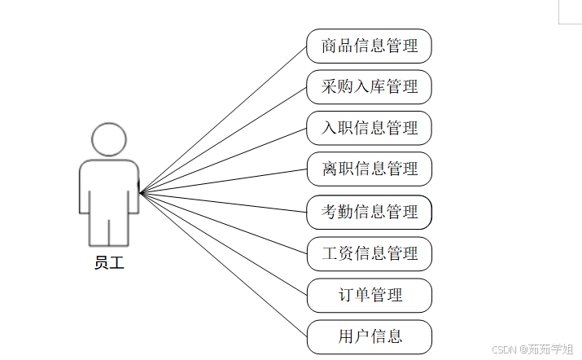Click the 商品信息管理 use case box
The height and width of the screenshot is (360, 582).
pos(369,46)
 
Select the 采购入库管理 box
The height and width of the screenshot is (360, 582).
pos(369,86)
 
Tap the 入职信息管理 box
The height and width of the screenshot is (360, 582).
pos(369,128)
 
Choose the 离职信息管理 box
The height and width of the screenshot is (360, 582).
pos(369,169)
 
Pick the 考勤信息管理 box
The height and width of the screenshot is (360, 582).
pos(369,212)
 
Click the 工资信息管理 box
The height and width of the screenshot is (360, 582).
pos(369,253)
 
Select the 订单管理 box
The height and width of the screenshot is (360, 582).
pos(369,295)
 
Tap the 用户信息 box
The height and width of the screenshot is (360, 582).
pos(369,336)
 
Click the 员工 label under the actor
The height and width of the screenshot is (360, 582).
pos(109,262)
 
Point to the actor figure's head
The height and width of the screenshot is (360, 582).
pos(109,139)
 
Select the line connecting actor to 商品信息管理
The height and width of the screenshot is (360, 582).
pos(223,119)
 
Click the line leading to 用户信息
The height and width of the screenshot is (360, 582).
pos(223,264)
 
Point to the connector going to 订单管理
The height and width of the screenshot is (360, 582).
pos(223,244)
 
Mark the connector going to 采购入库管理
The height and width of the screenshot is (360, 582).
pos(223,139)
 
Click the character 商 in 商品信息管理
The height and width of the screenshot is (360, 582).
pos(330,46)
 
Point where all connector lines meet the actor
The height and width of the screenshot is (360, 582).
pos(140,193)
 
